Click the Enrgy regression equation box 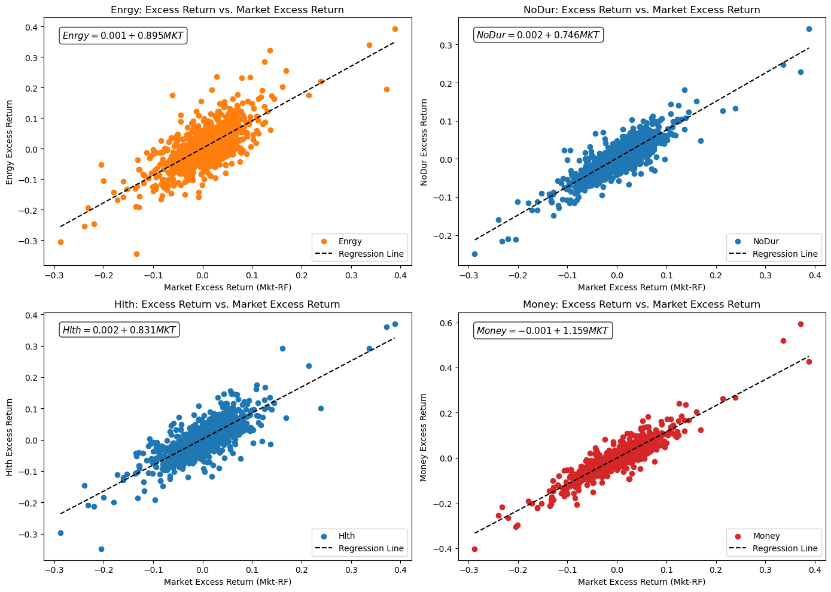123,36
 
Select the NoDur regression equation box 537,35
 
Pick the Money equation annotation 542,330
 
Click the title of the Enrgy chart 227,10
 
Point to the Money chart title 641,304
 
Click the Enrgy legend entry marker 324,241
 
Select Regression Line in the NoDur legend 784,254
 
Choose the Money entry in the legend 766,536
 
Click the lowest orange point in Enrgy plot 136,254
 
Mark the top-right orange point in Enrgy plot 395,29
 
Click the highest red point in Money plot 800,324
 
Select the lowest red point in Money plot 474,549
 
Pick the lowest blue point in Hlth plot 101,549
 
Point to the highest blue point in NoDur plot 809,29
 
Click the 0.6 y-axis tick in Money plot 445,323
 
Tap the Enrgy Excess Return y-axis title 10,142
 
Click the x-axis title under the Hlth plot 227,581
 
